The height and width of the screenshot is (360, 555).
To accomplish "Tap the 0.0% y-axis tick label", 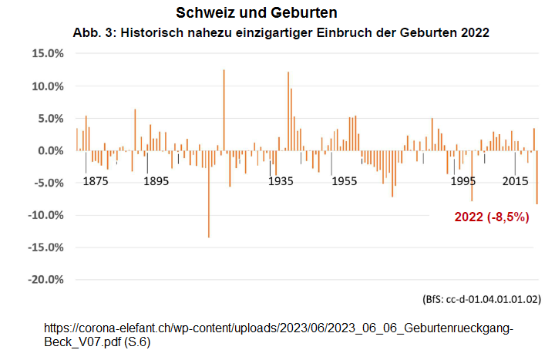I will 48,151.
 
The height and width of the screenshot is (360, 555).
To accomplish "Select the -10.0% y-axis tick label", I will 43,215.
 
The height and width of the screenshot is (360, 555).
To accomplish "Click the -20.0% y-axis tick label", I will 43,280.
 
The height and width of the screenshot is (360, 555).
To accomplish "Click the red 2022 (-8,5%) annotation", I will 492,217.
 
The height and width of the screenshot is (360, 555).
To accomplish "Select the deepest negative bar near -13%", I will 208,193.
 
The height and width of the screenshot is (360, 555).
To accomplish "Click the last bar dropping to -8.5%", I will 536,177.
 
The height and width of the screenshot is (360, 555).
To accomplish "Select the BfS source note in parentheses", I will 482,298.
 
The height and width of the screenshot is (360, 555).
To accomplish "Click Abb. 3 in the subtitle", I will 90,34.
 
